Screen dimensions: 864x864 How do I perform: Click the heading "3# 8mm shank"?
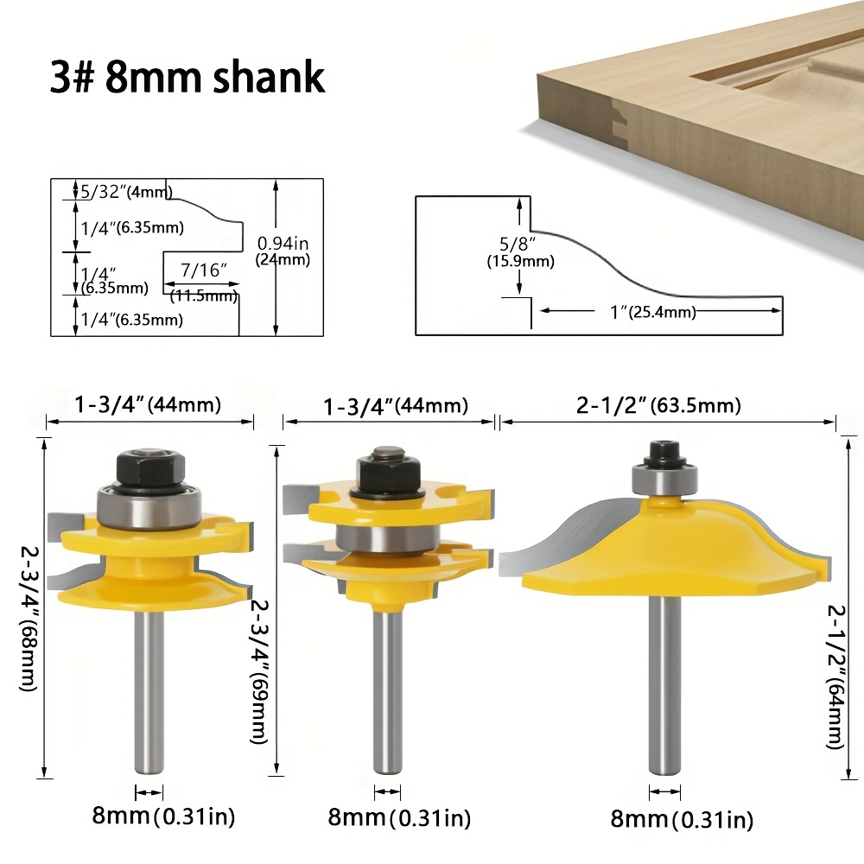(x=187, y=77)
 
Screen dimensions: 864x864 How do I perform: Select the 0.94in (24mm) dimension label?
(x=283, y=251)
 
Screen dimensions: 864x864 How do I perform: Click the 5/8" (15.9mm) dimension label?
(x=520, y=252)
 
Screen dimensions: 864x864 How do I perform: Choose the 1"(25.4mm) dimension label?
(x=653, y=313)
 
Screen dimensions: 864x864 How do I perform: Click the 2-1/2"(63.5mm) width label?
(x=658, y=405)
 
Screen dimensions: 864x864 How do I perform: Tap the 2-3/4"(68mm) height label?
(x=29, y=619)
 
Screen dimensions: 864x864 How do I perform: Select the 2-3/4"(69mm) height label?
(x=259, y=671)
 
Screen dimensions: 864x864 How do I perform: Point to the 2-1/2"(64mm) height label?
(x=835, y=677)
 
